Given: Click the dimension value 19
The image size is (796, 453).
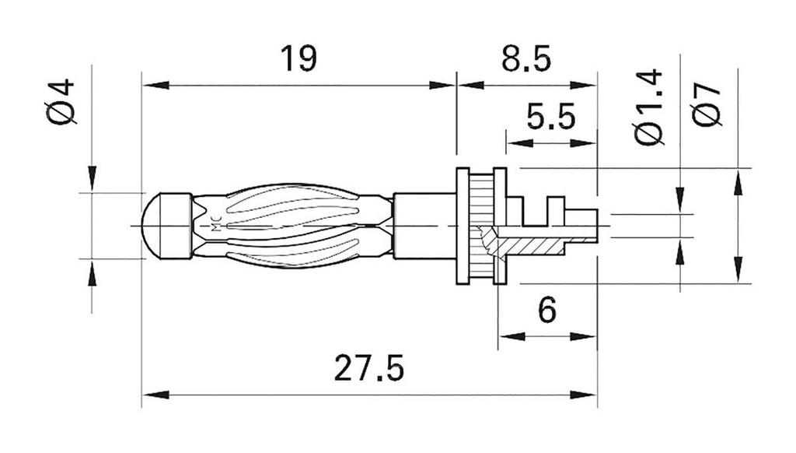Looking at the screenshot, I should tap(298, 59).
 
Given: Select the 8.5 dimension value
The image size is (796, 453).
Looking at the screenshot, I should tap(525, 59).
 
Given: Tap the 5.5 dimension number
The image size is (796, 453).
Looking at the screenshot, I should tap(550, 118).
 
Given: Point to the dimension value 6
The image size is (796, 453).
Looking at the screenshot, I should tap(547, 311).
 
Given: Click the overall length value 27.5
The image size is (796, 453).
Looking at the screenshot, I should tap(369, 369).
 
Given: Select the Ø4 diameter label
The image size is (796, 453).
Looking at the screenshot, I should tap(62, 101).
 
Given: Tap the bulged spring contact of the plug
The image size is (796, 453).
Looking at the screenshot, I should tap(292, 226).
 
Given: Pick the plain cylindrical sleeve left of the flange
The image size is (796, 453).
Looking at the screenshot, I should tap(424, 226).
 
